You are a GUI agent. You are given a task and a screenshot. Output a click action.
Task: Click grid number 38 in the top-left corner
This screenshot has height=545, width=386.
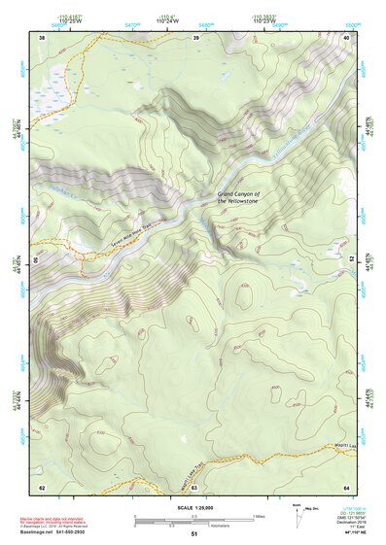pyautogui.click(x=42, y=38)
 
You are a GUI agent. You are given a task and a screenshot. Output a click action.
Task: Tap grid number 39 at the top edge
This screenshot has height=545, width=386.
pyautogui.click(x=195, y=38)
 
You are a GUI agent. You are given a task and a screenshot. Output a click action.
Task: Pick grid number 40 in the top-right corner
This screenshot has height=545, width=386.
pyautogui.click(x=347, y=38)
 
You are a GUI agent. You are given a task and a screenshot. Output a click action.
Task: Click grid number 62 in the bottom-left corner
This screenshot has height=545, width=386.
pyautogui.click(x=42, y=487)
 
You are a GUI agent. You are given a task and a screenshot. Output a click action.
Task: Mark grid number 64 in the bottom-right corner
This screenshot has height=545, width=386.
pyautogui.click(x=347, y=487)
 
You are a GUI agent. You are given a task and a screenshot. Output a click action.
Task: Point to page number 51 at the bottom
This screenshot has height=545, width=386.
pyautogui.click(x=194, y=534)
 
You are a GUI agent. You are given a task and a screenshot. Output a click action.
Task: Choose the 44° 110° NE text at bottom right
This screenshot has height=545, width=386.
pyautogui.click(x=344, y=533)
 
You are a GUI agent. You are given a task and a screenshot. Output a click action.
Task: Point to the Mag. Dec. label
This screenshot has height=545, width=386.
pyautogui.click(x=312, y=509)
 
